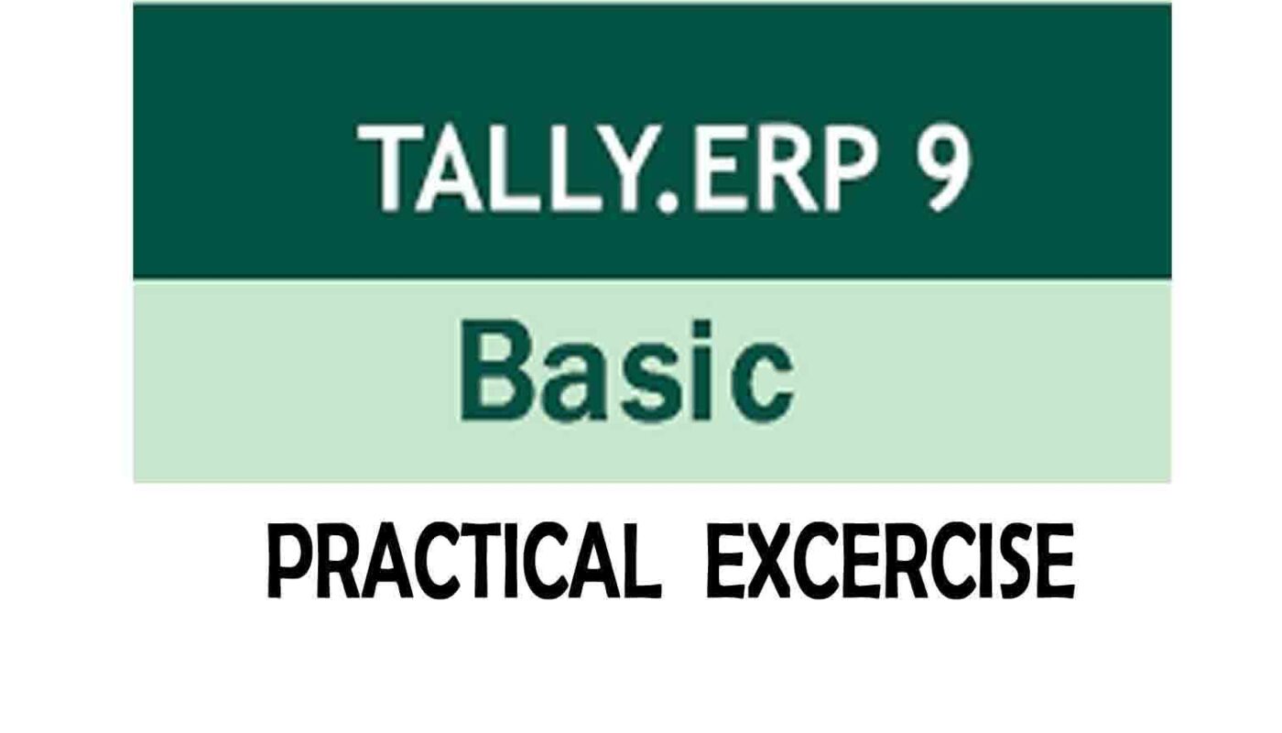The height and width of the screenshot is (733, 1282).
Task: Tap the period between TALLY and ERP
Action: tap(667, 202)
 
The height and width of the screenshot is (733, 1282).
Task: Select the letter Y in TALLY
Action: tap(620, 167)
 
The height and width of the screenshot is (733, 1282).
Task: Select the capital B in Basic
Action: tap(495, 370)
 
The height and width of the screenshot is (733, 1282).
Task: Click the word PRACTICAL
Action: tap(464, 561)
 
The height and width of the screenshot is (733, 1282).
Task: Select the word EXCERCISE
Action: tap(890, 561)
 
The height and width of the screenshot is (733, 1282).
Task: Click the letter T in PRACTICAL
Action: tap(485, 561)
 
